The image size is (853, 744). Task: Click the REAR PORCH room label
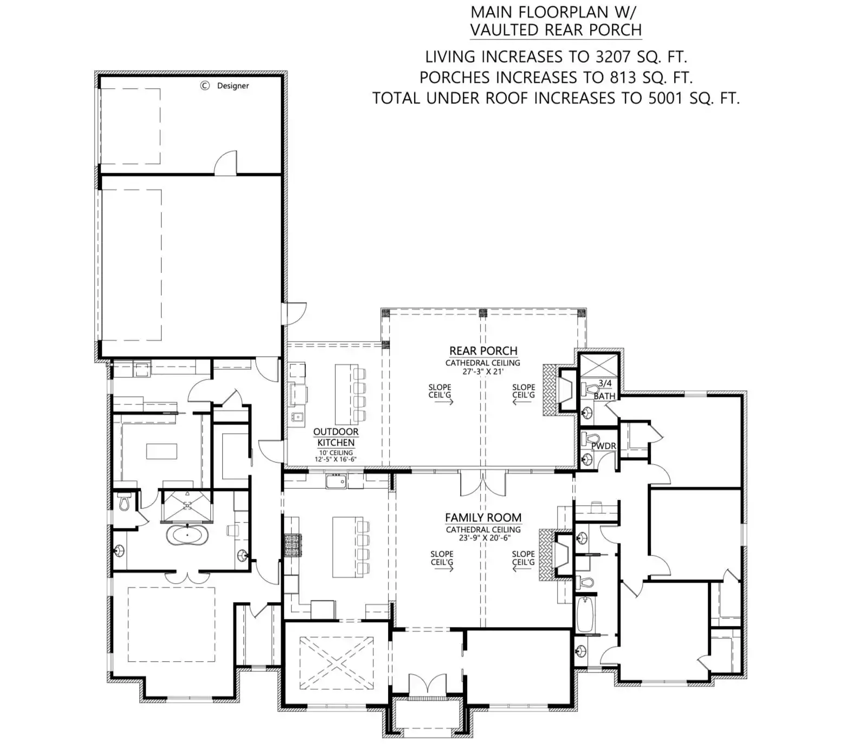(x=483, y=351)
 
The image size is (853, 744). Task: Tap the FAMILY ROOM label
(x=483, y=518)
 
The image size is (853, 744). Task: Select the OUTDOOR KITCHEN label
(x=336, y=437)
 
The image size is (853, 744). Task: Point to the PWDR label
(x=603, y=446)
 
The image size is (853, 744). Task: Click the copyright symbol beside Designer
(x=205, y=86)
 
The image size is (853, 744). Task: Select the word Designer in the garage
(x=233, y=86)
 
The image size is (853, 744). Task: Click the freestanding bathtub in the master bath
(x=187, y=536)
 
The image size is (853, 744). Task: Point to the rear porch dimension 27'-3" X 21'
(x=483, y=371)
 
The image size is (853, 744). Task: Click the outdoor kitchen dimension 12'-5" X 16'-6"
(x=335, y=459)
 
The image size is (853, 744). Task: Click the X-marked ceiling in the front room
(x=337, y=663)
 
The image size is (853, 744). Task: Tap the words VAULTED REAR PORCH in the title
(x=556, y=30)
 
